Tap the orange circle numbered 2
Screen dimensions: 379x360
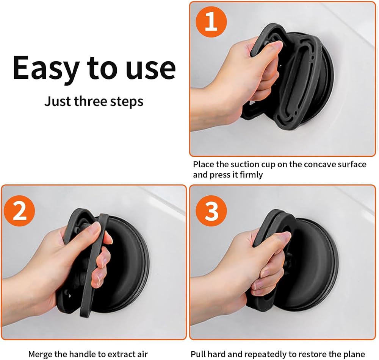(x=20, y=211)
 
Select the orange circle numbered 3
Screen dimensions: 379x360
(x=211, y=211)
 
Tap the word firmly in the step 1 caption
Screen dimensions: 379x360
(x=251, y=175)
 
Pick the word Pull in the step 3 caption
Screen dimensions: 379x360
(x=199, y=354)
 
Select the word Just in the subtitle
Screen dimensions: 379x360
(x=58, y=101)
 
